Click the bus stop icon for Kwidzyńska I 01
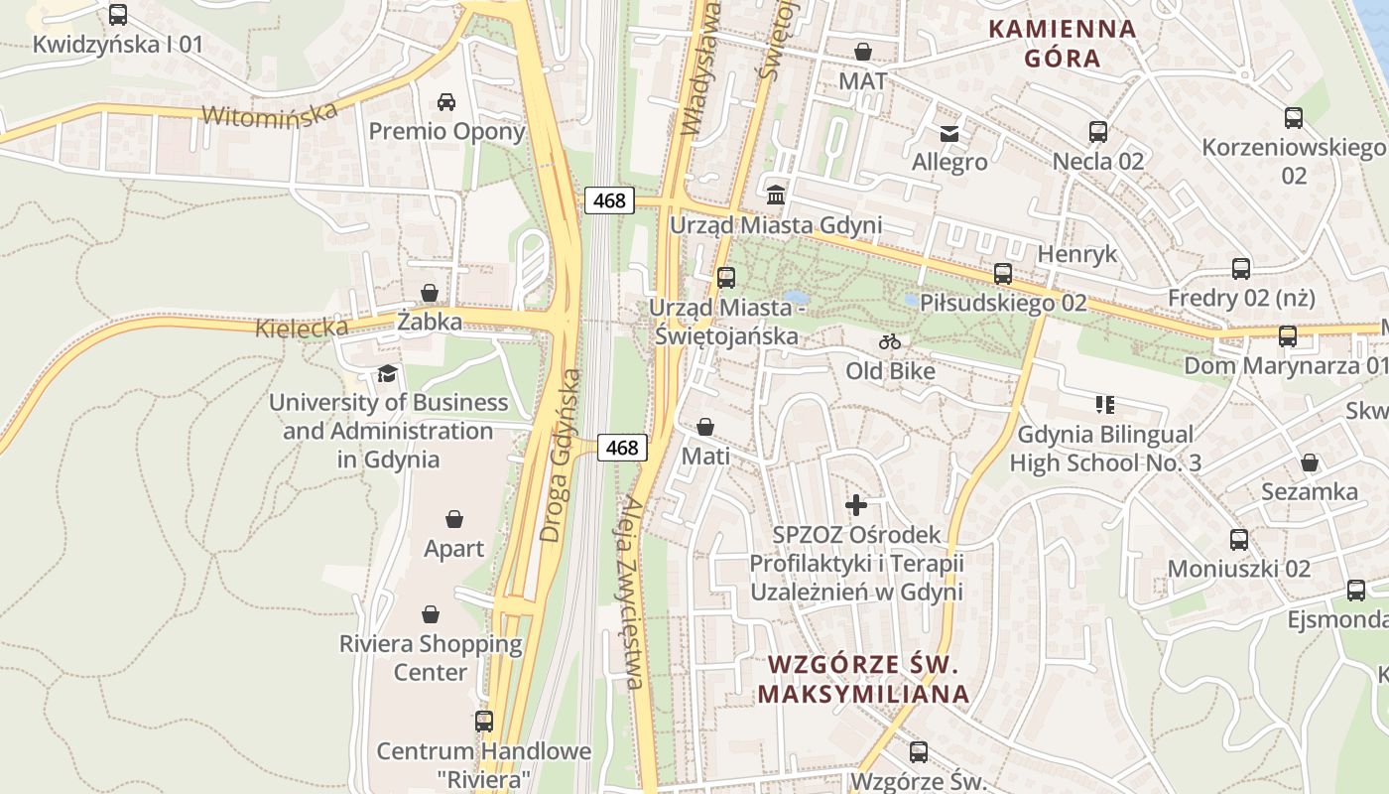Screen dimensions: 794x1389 118,15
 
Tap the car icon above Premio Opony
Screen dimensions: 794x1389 446,101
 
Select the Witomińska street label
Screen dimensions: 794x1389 270,113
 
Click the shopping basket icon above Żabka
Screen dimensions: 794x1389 430,293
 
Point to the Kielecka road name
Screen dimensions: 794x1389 302,328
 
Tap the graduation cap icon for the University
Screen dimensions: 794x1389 387,374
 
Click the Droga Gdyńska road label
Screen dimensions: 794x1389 561,456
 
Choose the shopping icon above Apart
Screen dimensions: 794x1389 454,519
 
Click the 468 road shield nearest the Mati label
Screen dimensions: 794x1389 622,448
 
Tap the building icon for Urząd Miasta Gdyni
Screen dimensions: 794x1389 776,193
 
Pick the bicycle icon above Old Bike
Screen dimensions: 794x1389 890,342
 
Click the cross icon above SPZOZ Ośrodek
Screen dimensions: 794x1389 855,504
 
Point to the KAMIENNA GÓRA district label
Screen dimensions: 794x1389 1063,43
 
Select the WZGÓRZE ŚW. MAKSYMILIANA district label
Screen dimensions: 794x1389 863,679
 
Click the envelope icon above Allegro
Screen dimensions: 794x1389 949,133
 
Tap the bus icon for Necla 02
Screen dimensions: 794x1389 1098,132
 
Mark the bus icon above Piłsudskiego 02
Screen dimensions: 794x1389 1003,274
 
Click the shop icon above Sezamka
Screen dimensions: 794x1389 1310,463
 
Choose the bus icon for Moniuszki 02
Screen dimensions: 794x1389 1239,540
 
